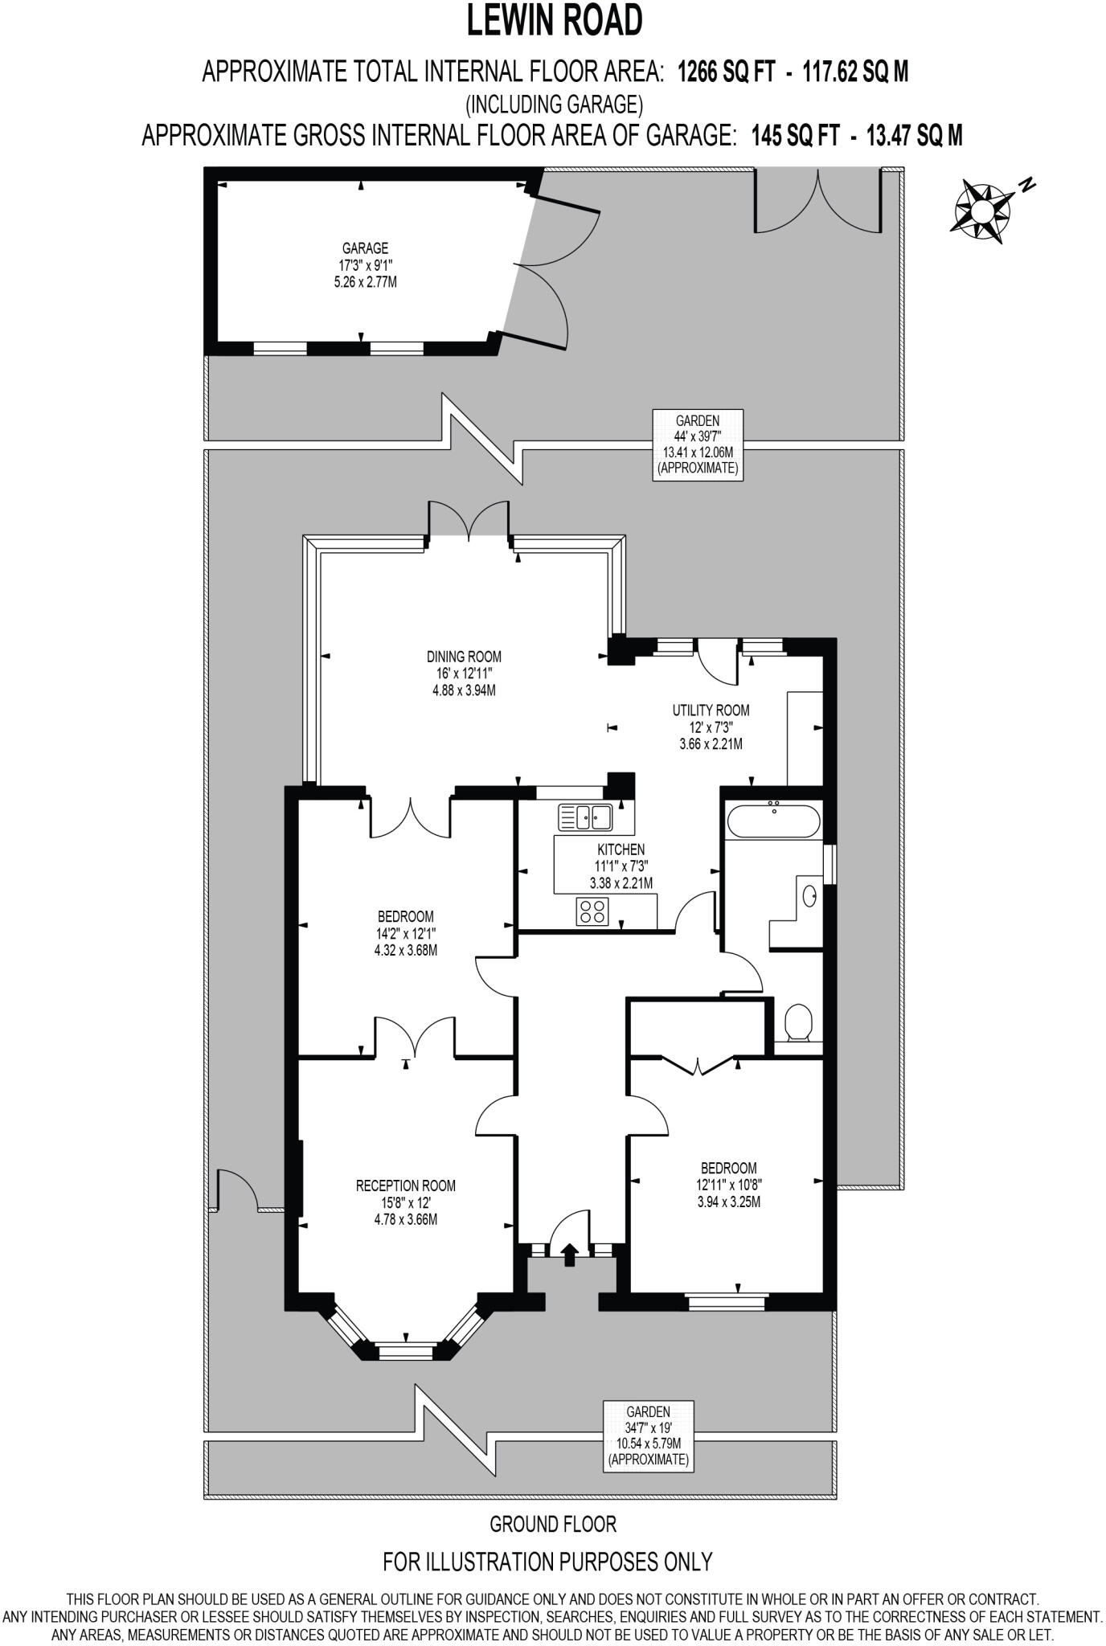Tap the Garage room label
coord(365,265)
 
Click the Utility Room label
coord(711,727)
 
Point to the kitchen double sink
coord(585,818)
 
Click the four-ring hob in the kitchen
coord(593,912)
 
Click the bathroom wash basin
coord(809,893)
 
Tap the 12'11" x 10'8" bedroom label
coord(728,1185)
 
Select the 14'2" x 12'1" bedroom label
coord(405,933)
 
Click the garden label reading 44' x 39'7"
coord(697,444)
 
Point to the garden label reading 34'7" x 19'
coord(648,1446)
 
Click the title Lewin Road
coord(555,22)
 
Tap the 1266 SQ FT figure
coord(726,73)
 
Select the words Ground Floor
coord(553,1523)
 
